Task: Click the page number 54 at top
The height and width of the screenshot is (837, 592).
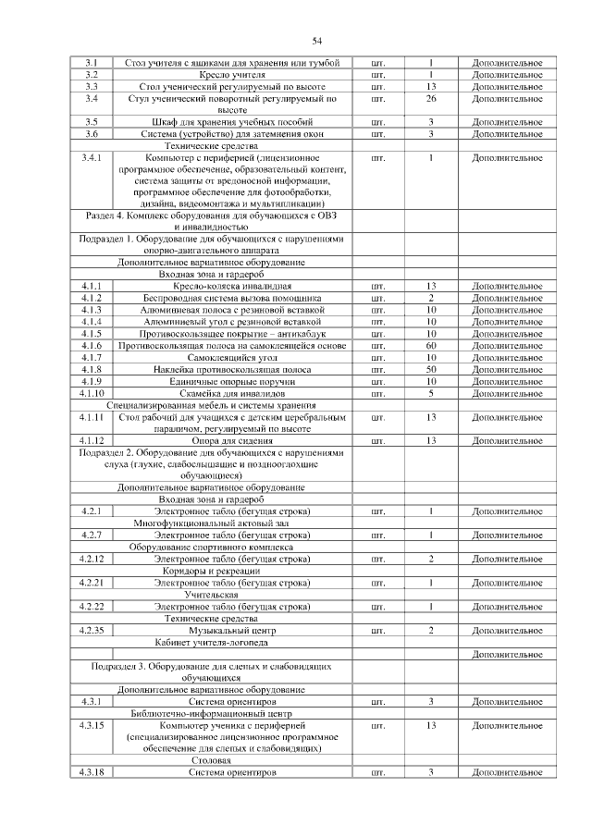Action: click(316, 41)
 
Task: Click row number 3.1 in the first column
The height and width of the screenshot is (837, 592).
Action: click(92, 63)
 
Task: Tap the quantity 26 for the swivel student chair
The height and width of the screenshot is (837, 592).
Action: click(430, 98)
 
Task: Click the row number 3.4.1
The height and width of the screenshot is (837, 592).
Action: click(92, 158)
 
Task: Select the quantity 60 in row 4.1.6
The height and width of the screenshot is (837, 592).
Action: click(430, 346)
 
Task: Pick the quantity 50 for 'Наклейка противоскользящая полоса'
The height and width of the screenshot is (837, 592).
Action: click(430, 369)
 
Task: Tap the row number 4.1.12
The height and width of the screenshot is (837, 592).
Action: click(92, 441)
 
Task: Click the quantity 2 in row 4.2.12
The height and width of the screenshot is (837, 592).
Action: click(430, 560)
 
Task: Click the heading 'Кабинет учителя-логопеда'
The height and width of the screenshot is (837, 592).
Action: click(212, 642)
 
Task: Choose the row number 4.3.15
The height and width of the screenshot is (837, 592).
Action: click(92, 726)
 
